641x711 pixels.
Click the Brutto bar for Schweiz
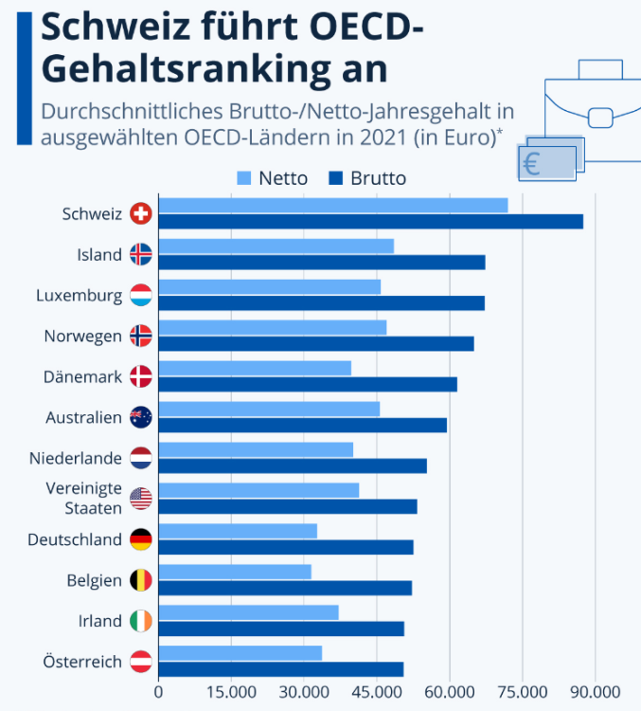[x=370, y=221]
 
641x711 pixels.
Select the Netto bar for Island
[x=276, y=246]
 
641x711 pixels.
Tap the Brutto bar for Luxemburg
[x=321, y=302]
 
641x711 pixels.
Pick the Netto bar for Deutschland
[x=238, y=531]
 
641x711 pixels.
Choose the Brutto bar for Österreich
[x=280, y=669]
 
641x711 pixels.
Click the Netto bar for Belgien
[x=235, y=572]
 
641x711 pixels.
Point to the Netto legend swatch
[x=243, y=178]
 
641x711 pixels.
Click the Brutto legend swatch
[x=336, y=178]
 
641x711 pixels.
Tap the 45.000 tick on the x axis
[x=377, y=691]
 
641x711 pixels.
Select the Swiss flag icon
[x=141, y=214]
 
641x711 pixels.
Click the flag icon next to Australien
[x=141, y=417]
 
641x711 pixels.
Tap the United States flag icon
[x=141, y=499]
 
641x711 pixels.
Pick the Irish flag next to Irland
[x=141, y=621]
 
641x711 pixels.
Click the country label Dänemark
[x=82, y=376]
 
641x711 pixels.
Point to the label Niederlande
[x=76, y=458]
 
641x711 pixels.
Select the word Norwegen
[x=83, y=336]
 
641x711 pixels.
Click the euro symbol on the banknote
[x=531, y=165]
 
